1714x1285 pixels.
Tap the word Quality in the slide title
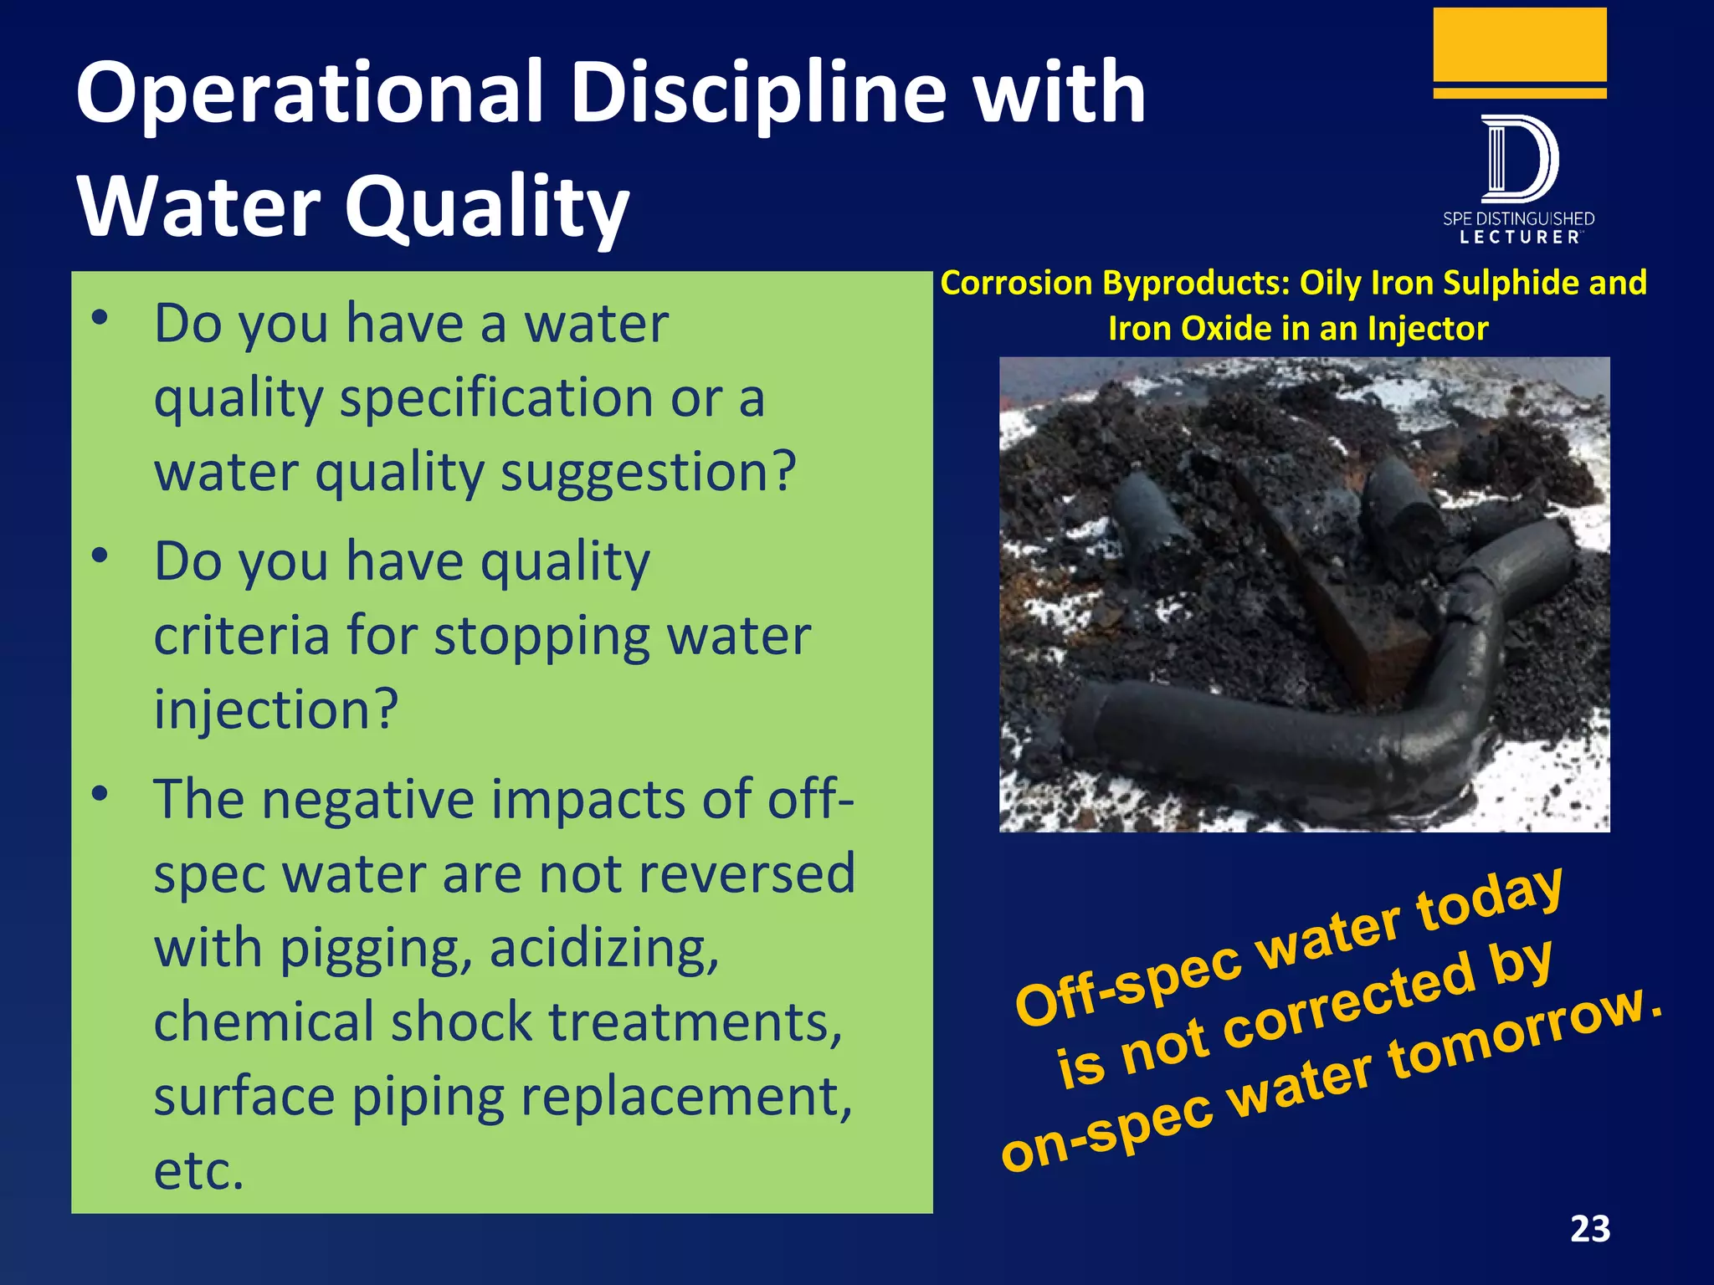[486, 207]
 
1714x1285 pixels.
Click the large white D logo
[1519, 159]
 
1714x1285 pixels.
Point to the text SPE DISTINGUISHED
[1518, 219]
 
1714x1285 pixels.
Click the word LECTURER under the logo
[1519, 238]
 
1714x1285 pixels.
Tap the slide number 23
[1589, 1229]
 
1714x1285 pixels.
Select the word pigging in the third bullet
[375, 949]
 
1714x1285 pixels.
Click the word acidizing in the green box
[603, 949]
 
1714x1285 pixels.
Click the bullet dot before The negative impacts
[100, 793]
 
